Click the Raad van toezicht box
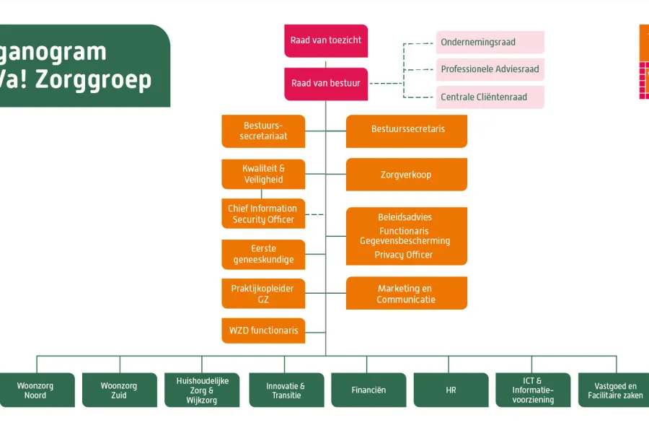[x=326, y=40]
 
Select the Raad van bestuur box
[x=326, y=84]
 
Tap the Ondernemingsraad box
[x=490, y=43]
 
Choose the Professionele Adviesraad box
[x=490, y=69]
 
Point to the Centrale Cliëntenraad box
[x=490, y=97]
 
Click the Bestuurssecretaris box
[x=407, y=131]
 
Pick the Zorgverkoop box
[x=407, y=175]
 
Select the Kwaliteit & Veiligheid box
[x=263, y=174]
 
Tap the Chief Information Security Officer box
[x=263, y=214]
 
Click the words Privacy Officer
[x=404, y=255]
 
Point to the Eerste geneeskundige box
[x=263, y=254]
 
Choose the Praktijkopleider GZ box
[x=263, y=294]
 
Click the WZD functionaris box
[x=263, y=331]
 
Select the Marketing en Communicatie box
[x=407, y=294]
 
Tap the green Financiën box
[x=368, y=390]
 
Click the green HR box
[x=451, y=390]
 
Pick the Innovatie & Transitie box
[x=286, y=390]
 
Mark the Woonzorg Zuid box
[x=119, y=390]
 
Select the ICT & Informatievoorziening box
[x=533, y=390]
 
